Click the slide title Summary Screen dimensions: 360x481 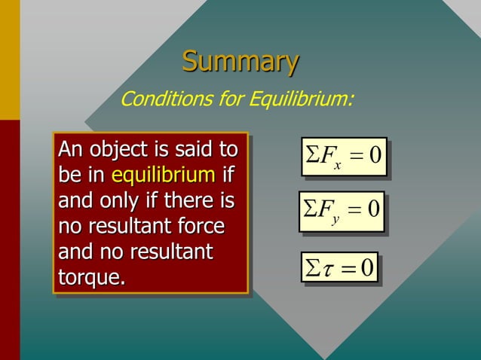240,61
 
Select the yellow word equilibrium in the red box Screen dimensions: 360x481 163,175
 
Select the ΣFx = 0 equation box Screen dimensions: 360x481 344,156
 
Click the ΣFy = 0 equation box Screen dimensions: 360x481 344,210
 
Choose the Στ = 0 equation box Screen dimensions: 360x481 339,269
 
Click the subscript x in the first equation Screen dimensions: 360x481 339,165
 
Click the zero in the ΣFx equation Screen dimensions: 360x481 375,155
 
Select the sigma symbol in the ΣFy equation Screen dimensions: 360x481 312,209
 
